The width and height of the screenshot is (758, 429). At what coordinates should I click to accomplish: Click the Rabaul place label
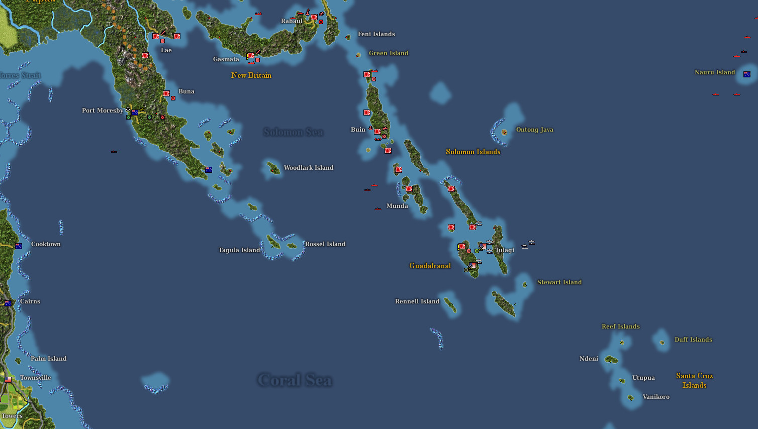(292, 21)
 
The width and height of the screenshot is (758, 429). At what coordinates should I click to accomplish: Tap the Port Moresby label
(103, 111)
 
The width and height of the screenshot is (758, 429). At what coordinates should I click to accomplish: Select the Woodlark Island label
(308, 168)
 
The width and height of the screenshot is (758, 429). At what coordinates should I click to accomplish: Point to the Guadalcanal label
(430, 266)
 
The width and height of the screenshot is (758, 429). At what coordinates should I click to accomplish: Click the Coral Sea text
(295, 380)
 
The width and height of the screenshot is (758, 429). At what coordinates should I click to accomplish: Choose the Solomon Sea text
(294, 132)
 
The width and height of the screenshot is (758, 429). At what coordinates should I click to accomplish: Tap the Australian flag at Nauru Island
(747, 74)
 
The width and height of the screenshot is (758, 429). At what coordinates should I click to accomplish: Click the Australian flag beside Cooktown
(19, 246)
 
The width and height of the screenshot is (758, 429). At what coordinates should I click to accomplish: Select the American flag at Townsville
(8, 380)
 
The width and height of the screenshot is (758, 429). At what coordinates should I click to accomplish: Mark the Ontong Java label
(534, 130)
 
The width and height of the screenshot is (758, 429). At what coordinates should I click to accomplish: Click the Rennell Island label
(417, 301)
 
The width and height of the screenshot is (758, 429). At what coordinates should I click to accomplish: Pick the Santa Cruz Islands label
(694, 380)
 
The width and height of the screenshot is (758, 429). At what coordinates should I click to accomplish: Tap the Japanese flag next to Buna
(166, 93)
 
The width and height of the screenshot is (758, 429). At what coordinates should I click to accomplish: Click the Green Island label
(389, 53)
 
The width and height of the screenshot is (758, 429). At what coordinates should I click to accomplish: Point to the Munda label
(397, 206)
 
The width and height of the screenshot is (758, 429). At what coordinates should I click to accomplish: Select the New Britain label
(251, 75)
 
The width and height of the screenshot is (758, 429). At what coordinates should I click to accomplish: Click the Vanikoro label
(656, 397)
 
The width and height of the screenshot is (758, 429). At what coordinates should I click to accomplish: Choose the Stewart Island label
(559, 282)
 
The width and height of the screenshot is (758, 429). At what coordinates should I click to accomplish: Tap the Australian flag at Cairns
(8, 303)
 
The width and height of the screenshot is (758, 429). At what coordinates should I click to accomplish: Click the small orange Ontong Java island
(504, 133)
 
